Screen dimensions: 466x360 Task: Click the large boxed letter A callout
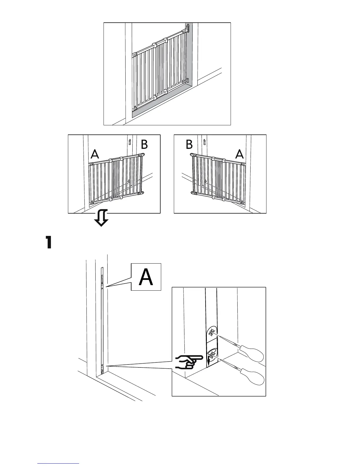click(x=146, y=277)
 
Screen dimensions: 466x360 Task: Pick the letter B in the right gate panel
click(x=189, y=144)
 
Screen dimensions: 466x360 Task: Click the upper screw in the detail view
click(x=211, y=333)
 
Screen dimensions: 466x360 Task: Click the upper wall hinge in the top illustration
click(x=188, y=28)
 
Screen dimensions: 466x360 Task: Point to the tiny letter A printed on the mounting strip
click(x=102, y=289)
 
